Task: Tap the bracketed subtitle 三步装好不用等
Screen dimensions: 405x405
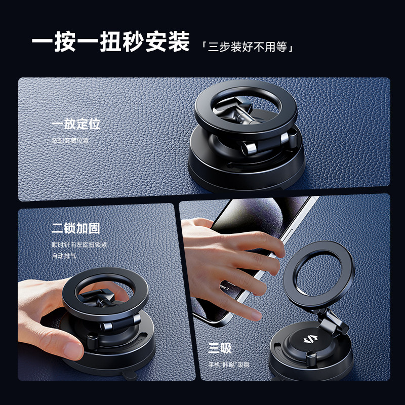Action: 248,47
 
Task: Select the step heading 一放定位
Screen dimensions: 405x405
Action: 76,124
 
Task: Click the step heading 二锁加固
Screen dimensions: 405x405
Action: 76,228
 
